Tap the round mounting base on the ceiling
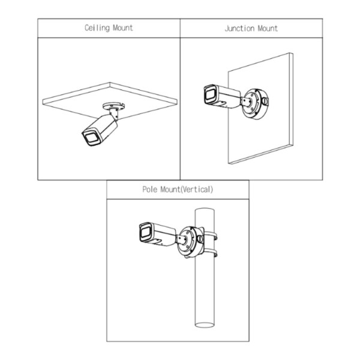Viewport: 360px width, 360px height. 113,106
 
